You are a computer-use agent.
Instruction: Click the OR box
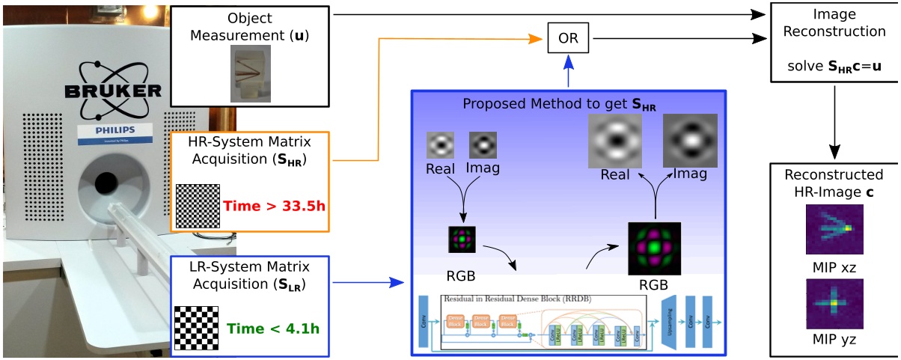point(568,37)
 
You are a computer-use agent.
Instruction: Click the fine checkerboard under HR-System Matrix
point(198,207)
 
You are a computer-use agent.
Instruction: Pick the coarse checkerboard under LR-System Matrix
point(196,327)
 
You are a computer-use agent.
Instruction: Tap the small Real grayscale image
point(440,144)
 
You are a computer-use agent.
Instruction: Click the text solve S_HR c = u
point(834,67)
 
